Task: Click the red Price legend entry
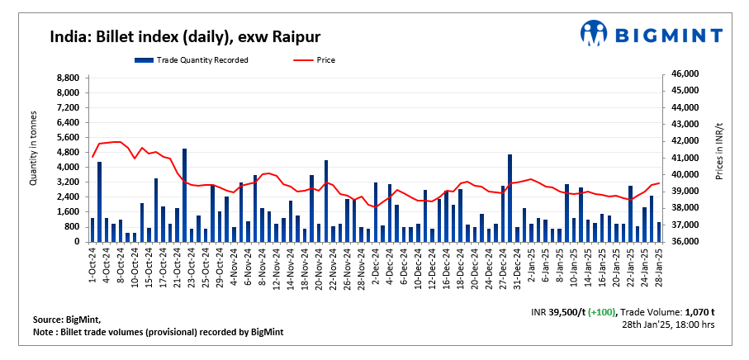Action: [325, 59]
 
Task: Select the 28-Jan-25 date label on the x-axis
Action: [658, 264]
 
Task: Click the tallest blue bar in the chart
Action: [184, 195]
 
